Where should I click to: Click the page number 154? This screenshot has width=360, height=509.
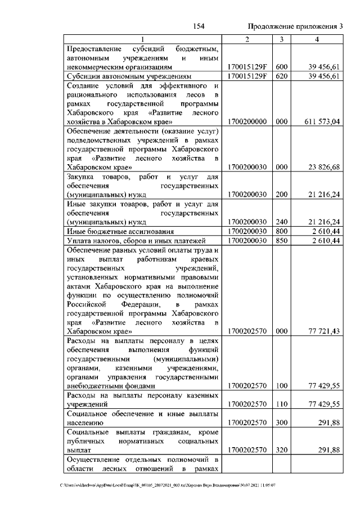[197, 26]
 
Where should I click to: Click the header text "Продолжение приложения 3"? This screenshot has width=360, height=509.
[295, 26]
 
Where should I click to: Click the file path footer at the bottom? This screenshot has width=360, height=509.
[175, 485]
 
